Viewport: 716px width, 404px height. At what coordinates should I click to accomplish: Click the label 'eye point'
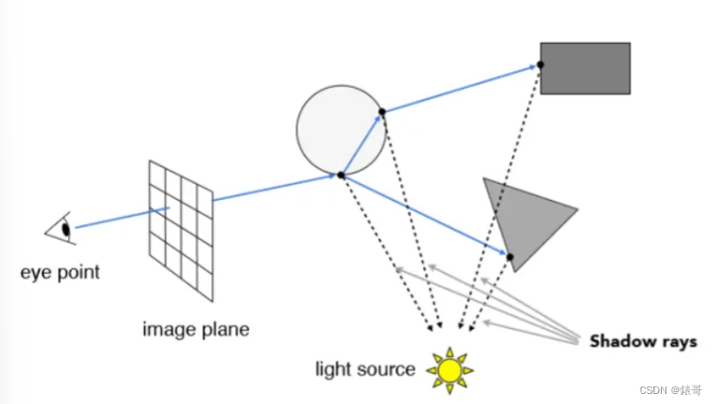click(62, 272)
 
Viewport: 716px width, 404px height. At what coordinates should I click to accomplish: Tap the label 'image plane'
click(196, 328)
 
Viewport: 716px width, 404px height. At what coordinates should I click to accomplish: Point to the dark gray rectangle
click(585, 68)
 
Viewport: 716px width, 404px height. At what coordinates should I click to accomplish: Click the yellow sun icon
click(449, 369)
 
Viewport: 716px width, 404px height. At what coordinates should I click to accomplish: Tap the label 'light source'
click(365, 369)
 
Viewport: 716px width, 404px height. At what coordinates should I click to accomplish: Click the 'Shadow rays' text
click(643, 342)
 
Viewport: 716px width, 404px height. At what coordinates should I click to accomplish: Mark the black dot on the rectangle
click(540, 64)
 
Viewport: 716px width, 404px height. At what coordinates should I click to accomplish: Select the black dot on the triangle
click(509, 256)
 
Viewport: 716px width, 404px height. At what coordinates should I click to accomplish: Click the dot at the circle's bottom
click(341, 174)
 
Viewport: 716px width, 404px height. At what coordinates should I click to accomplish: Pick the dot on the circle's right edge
click(382, 112)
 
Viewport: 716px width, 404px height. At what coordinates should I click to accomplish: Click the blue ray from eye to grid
click(119, 218)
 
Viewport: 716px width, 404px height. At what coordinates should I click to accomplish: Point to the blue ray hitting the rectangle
click(460, 88)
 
